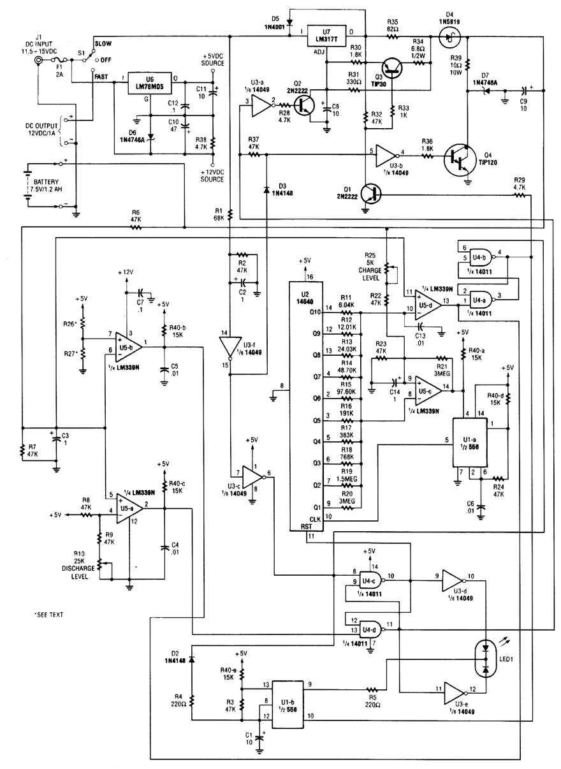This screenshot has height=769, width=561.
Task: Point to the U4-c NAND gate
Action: [x=371, y=581]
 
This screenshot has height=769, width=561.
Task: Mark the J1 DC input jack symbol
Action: [x=40, y=61]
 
